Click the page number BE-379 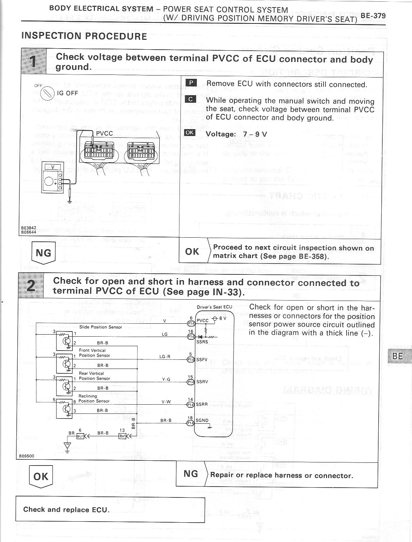pyautogui.click(x=373, y=16)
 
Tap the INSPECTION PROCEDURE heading pyautogui.click(x=84, y=36)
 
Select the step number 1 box pyautogui.click(x=33, y=61)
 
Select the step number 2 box pyautogui.click(x=31, y=285)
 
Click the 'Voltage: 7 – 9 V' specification pyautogui.click(x=236, y=134)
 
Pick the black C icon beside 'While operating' pyautogui.click(x=191, y=99)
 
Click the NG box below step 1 pyautogui.click(x=43, y=253)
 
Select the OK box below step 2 pyautogui.click(x=41, y=477)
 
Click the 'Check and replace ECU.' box pyautogui.click(x=110, y=510)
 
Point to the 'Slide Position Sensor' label pyautogui.click(x=100, y=327)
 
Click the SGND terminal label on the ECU pyautogui.click(x=202, y=420)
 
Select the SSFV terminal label pyautogui.click(x=202, y=359)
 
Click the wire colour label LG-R pyautogui.click(x=165, y=357)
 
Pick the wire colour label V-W pyautogui.click(x=166, y=402)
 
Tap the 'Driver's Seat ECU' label pyautogui.click(x=215, y=307)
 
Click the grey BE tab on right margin pyautogui.click(x=399, y=356)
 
